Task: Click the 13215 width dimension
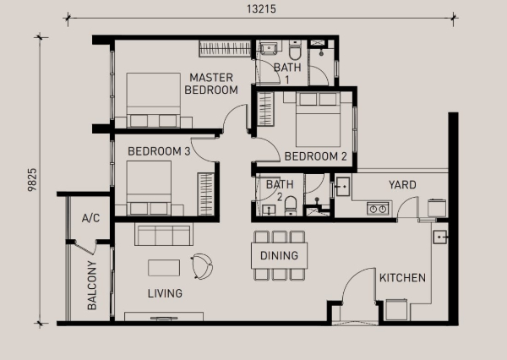click(261, 8)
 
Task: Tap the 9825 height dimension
click(32, 180)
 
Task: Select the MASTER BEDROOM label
click(211, 84)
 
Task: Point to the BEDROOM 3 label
click(159, 151)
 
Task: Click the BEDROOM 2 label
click(315, 156)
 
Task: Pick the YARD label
click(402, 185)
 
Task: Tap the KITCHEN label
click(402, 277)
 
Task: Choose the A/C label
click(91, 218)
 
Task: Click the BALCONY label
click(92, 286)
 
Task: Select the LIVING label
click(165, 293)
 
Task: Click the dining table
click(279, 255)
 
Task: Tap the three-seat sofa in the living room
click(164, 234)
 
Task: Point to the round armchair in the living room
click(202, 266)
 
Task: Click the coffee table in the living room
click(164, 268)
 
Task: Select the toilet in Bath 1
click(295, 50)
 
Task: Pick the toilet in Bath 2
click(291, 205)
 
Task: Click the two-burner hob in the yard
click(378, 209)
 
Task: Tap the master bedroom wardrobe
click(225, 48)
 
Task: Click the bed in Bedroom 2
click(319, 119)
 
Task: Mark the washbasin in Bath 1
click(268, 48)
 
